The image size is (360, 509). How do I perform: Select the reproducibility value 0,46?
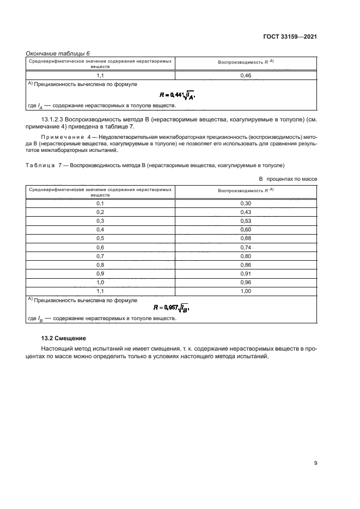[x=245, y=76]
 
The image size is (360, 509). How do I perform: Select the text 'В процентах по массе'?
[x=288, y=179]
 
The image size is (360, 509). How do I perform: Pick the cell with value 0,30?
[x=245, y=203]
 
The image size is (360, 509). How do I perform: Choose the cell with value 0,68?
[x=245, y=238]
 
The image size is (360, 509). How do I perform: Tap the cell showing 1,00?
[x=245, y=291]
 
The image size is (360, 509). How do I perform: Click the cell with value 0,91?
[x=245, y=273]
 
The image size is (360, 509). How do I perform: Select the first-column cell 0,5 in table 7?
[x=100, y=238]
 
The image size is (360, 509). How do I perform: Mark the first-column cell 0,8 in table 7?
[x=100, y=265]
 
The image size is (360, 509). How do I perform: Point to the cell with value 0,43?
[x=245, y=212]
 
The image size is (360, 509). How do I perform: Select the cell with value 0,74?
[x=245, y=247]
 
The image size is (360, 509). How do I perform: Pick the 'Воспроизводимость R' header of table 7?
[x=245, y=191]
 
